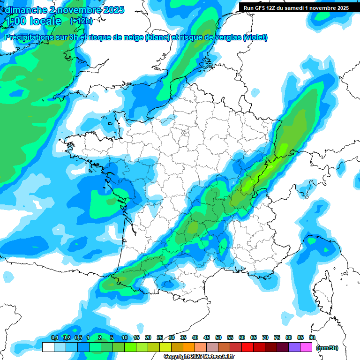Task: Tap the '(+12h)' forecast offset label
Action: tap(81, 21)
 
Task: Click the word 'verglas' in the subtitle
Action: tap(227, 37)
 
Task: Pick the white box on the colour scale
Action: tap(48, 347)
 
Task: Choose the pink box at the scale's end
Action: tap(306, 347)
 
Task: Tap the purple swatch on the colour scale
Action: tap(294, 347)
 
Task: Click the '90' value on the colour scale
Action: tap(312, 337)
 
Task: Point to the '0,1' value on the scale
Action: tap(54, 337)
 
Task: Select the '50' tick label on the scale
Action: tap(218, 337)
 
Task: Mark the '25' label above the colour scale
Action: tap(160, 337)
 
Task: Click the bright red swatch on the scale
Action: tap(247, 347)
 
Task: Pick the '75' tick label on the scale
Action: tap(277, 337)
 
